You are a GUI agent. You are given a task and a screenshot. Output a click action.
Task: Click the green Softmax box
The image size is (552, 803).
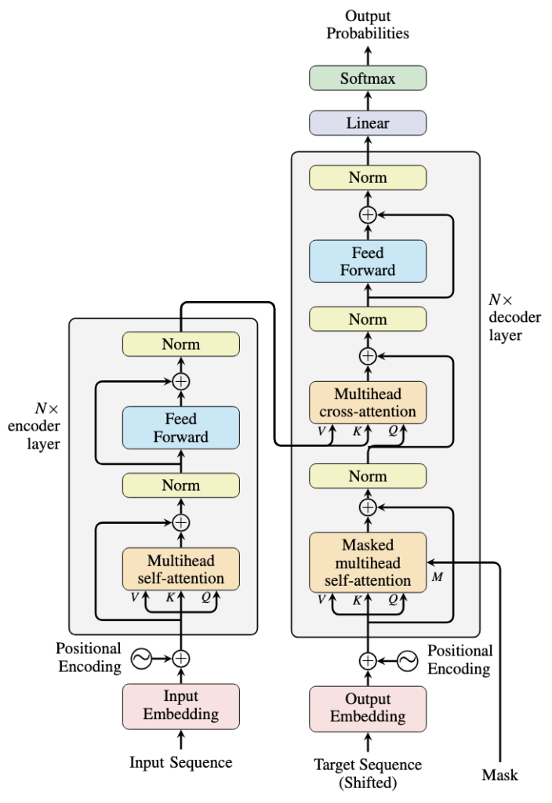pyautogui.click(x=368, y=78)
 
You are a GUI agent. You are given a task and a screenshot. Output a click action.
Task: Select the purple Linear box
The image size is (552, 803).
pyautogui.click(x=368, y=123)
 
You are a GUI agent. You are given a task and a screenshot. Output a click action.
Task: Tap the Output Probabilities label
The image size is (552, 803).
pyautogui.click(x=368, y=24)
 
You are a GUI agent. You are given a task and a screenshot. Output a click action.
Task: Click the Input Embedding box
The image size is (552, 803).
pyautogui.click(x=180, y=705)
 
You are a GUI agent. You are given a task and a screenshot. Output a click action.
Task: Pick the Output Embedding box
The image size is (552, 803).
pyautogui.click(x=368, y=707)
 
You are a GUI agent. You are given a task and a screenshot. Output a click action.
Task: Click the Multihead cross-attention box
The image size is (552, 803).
pyautogui.click(x=368, y=402)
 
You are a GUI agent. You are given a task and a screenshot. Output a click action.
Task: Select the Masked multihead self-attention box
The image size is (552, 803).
pyautogui.click(x=368, y=562)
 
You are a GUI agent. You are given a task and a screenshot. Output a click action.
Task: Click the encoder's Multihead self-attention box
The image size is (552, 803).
pyautogui.click(x=180, y=569)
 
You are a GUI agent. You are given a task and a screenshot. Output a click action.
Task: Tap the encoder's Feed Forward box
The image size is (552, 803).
pyautogui.click(x=180, y=427)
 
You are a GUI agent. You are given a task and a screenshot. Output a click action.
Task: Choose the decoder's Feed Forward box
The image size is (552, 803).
pyautogui.click(x=368, y=261)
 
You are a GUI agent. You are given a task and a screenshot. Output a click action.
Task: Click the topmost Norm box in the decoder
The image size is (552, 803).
pyautogui.click(x=368, y=178)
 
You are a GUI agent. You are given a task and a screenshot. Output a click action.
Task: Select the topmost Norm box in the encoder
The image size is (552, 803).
pyautogui.click(x=180, y=344)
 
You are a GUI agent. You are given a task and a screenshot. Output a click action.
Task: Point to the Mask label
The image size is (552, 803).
pyautogui.click(x=499, y=776)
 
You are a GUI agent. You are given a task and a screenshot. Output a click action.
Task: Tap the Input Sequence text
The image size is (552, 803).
pyautogui.click(x=180, y=762)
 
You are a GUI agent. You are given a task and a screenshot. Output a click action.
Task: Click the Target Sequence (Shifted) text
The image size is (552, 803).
pyautogui.click(x=368, y=772)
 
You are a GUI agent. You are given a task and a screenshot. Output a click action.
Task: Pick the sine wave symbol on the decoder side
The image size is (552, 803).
pyautogui.click(x=407, y=660)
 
